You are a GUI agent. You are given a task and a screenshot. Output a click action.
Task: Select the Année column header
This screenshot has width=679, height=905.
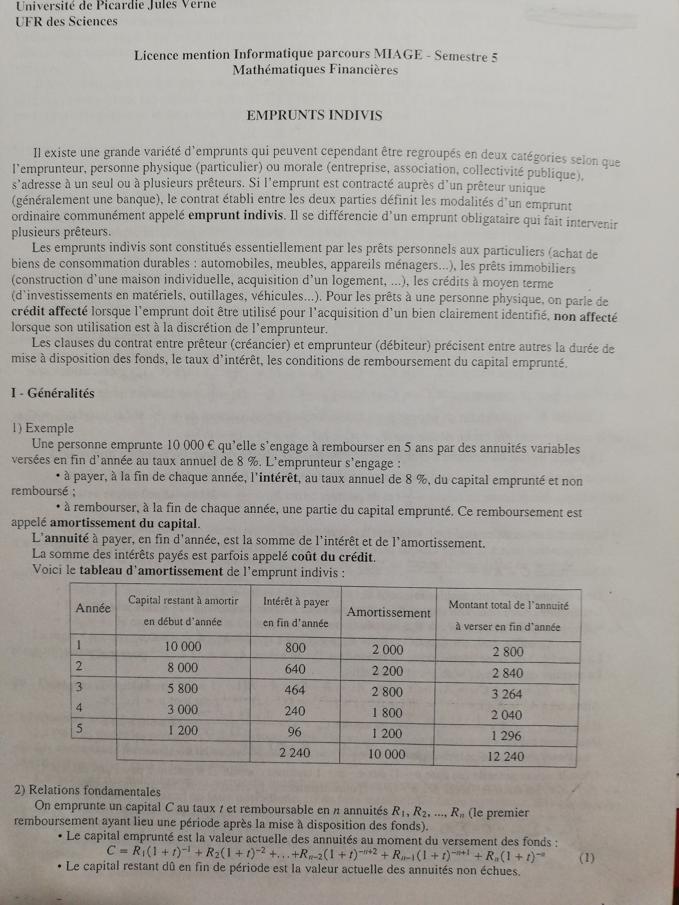[93, 608]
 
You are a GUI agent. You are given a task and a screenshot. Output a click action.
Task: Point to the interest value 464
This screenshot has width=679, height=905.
[295, 690]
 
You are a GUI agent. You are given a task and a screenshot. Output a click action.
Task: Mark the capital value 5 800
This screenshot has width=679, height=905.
[183, 689]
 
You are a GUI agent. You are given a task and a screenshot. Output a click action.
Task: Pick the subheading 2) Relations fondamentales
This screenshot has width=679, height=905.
[87, 791]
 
